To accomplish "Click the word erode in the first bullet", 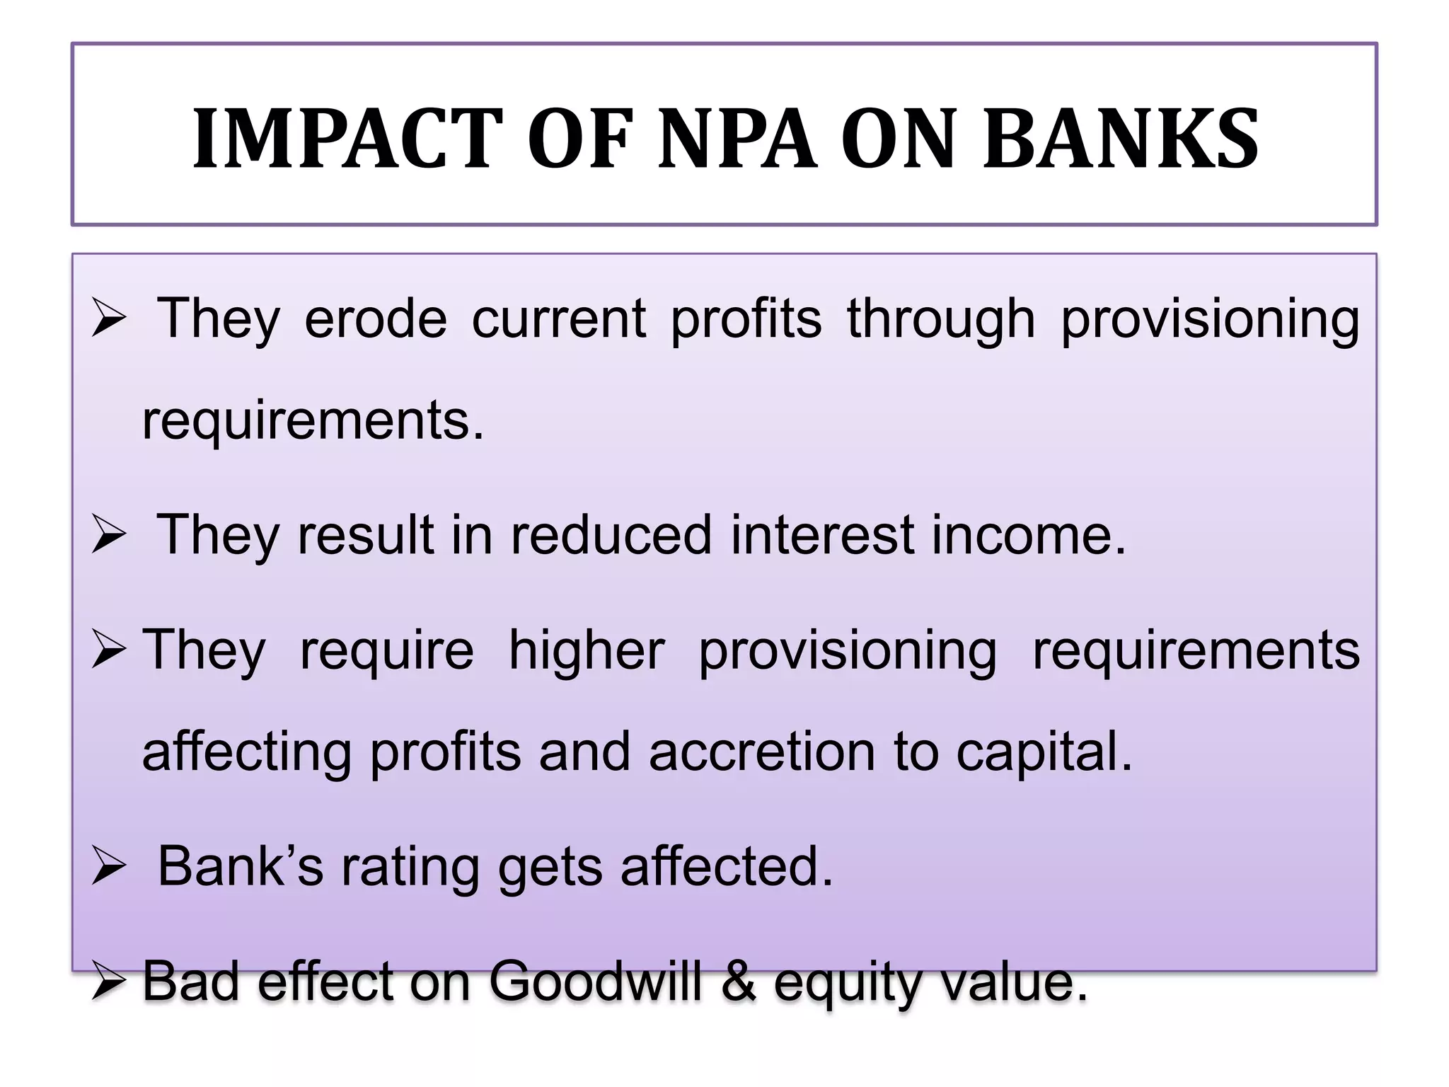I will tap(376, 319).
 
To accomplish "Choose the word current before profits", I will tap(559, 319).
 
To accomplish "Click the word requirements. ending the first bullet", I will tap(313, 422).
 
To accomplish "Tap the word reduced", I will tap(611, 535).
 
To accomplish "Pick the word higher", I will tap(587, 651).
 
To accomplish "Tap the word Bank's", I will tap(240, 866).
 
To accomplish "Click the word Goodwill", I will tap(595, 982).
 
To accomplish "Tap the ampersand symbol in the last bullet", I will tap(738, 982).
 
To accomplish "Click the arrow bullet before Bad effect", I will tap(109, 982).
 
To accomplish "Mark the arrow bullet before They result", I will tap(109, 536).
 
